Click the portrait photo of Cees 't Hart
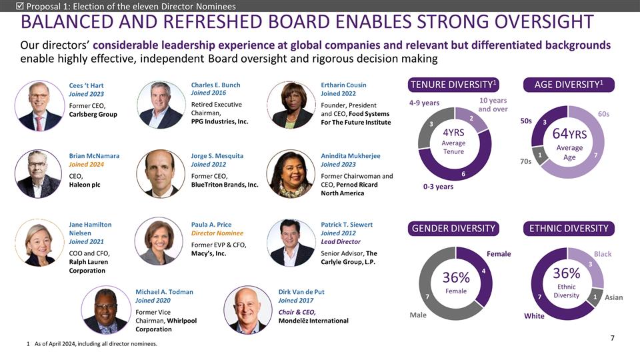[x=39, y=106]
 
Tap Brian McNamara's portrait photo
[x=39, y=173]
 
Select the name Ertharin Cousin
[x=343, y=85]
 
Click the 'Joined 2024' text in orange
[x=85, y=164]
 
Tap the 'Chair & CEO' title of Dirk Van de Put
[x=296, y=312]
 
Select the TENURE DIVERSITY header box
[x=454, y=85]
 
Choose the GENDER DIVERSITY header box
[x=454, y=229]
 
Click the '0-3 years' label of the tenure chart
[x=438, y=187]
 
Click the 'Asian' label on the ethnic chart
[x=613, y=297]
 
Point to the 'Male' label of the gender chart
[x=418, y=314]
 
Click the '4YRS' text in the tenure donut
[x=453, y=132]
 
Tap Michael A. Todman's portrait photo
[x=105, y=310]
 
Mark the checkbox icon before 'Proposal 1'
[x=19, y=6]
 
